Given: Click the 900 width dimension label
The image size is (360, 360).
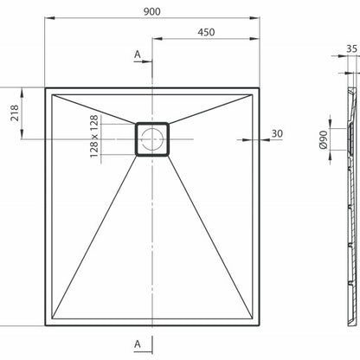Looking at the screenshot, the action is (x=152, y=11).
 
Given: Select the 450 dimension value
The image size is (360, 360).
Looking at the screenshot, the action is (x=206, y=32).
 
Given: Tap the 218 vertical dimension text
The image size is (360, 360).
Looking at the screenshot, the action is (x=15, y=113).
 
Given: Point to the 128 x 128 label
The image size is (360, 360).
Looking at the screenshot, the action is (x=94, y=137).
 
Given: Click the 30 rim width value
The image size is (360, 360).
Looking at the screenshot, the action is (x=277, y=133).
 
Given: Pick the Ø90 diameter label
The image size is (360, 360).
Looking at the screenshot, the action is (x=324, y=139).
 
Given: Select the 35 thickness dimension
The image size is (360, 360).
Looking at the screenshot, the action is (x=351, y=48).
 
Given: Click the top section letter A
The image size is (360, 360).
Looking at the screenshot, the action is (x=138, y=55).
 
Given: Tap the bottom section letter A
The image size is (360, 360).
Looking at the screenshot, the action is (x=138, y=344).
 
